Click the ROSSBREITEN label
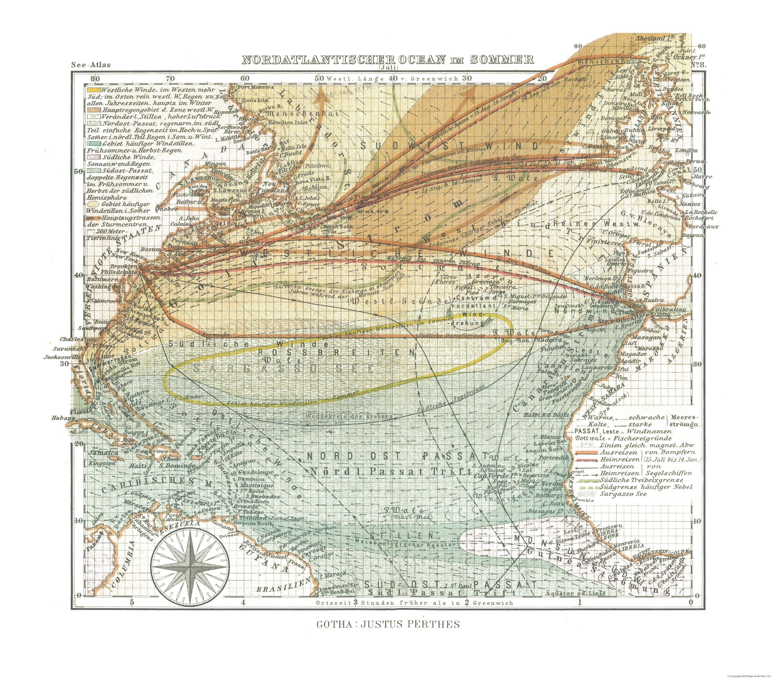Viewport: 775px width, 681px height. [x=336, y=352]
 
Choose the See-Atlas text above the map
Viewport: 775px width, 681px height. [x=91, y=65]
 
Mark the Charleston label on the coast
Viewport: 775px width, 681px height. [x=73, y=339]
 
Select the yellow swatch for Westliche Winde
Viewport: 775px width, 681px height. [x=94, y=90]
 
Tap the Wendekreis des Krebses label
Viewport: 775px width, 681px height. [x=348, y=416]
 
